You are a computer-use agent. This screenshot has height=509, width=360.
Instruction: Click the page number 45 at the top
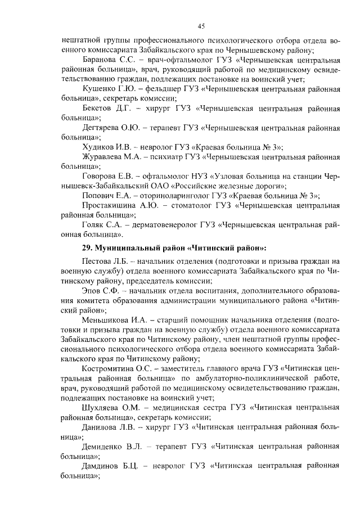coord(201,26)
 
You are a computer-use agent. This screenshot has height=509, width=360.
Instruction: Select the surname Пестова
coord(98,262)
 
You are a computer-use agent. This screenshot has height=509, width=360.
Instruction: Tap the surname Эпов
coord(93,291)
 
